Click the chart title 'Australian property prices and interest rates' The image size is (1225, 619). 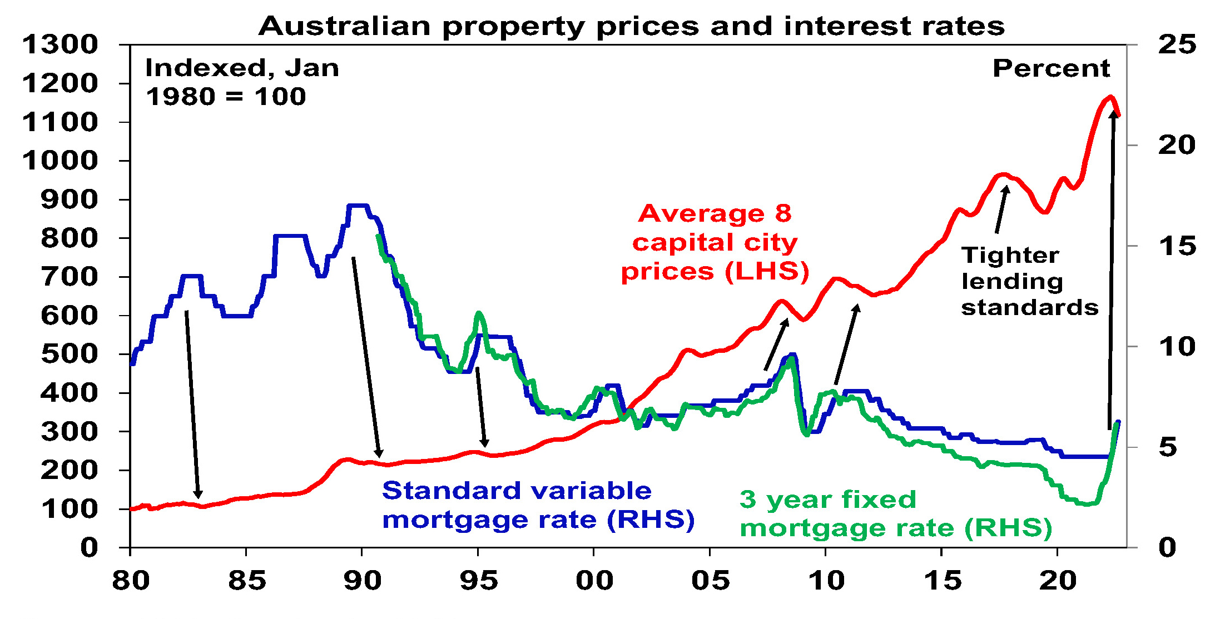point(631,26)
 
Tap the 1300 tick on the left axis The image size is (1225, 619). point(60,44)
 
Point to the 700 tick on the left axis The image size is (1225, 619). point(69,277)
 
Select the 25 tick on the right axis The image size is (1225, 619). point(1177,44)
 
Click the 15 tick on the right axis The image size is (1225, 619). point(1177,246)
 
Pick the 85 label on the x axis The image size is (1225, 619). point(246,581)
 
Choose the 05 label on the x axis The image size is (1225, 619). point(710,581)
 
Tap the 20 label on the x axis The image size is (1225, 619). point(1058,581)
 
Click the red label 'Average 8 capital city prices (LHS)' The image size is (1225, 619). point(715,242)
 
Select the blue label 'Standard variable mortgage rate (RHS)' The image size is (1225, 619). point(538,505)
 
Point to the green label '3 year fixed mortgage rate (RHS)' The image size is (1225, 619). point(896,514)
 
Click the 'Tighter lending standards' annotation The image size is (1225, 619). point(1029,281)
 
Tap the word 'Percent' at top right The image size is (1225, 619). point(1051,68)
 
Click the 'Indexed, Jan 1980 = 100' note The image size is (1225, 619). point(241,82)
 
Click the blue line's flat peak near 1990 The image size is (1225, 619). point(358,206)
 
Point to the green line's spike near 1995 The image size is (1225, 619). point(478,313)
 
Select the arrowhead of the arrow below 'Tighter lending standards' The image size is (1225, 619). point(1006,188)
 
